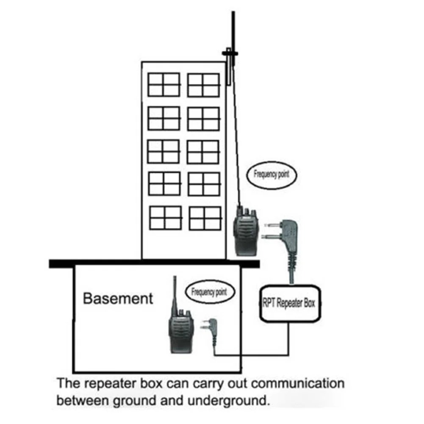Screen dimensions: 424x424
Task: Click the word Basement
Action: tap(118, 298)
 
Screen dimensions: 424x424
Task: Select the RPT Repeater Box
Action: tap(290, 303)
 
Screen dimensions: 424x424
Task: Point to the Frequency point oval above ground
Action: tap(271, 174)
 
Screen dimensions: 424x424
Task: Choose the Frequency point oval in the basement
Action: tap(208, 292)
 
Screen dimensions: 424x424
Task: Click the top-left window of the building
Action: tap(164, 85)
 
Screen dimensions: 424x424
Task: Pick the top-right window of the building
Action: tap(203, 85)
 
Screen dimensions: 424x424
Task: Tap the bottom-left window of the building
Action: tap(166, 218)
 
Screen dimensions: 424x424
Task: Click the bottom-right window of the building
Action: tap(205, 218)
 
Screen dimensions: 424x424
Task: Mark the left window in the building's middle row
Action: tap(164, 152)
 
